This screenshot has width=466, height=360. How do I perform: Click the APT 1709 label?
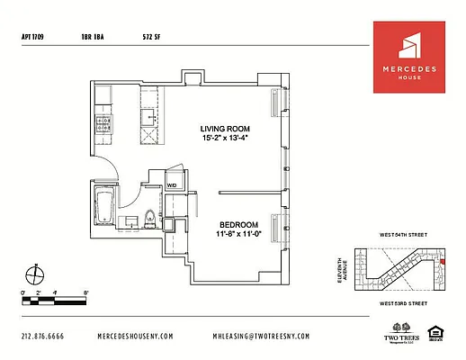coord(32,38)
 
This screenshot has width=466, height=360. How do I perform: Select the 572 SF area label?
coord(151,38)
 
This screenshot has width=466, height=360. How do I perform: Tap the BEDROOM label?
coord(239,224)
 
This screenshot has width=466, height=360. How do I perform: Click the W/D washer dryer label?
coord(172,186)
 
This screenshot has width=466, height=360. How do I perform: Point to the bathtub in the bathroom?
coord(103,206)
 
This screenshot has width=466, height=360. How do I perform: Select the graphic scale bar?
coord(55,298)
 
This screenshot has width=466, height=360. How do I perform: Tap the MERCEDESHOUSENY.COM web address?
coord(135,336)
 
